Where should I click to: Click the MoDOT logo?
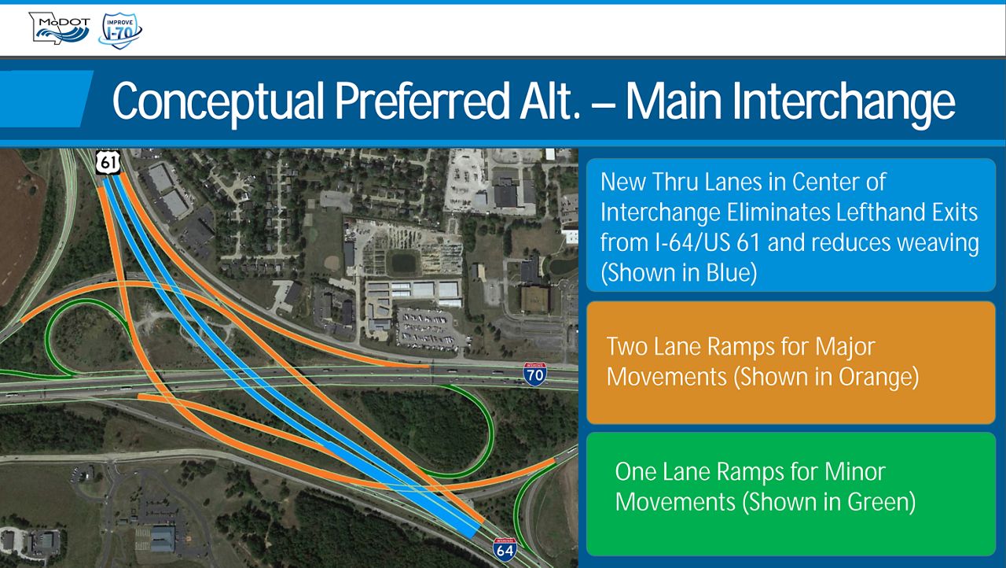pyautogui.click(x=60, y=28)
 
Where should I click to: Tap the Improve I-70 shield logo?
pyautogui.click(x=120, y=31)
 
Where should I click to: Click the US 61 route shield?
pyautogui.click(x=108, y=162)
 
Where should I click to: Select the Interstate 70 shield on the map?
pyautogui.click(x=535, y=374)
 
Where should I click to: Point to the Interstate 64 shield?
pyautogui.click(x=505, y=549)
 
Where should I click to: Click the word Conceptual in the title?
pyautogui.click(x=218, y=102)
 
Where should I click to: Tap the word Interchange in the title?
pyautogui.click(x=843, y=102)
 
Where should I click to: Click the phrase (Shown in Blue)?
pyautogui.click(x=678, y=272)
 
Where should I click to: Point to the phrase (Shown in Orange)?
pyautogui.click(x=826, y=377)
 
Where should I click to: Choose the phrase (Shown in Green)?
pyautogui.click(x=829, y=501)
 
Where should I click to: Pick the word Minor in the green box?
pyautogui.click(x=855, y=472)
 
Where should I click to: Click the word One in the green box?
pyautogui.click(x=635, y=472)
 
